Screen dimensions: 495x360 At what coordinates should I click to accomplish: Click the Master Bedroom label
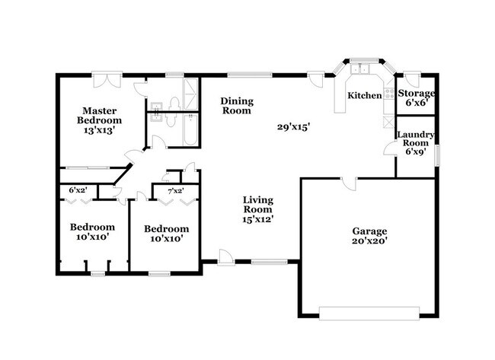(x=99, y=120)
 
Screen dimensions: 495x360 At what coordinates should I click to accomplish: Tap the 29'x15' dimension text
(x=293, y=127)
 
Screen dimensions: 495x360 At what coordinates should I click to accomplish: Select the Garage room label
(x=369, y=236)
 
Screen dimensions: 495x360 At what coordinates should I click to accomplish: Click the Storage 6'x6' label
(x=416, y=98)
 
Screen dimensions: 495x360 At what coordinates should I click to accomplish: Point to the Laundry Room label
(x=416, y=143)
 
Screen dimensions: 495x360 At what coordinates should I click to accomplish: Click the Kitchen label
(x=365, y=95)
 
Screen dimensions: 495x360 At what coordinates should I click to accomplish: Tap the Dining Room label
(x=237, y=106)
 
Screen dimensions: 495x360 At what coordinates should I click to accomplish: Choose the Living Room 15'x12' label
(x=257, y=209)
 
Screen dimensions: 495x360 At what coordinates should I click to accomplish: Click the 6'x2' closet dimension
(x=78, y=190)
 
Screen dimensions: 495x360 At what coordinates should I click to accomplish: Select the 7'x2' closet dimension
(x=176, y=190)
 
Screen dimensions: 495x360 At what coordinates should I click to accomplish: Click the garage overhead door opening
(x=369, y=314)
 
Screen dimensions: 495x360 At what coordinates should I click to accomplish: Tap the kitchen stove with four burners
(x=388, y=94)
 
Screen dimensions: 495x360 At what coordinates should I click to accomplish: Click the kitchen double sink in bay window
(x=360, y=68)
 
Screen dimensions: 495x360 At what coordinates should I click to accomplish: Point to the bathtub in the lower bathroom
(x=190, y=130)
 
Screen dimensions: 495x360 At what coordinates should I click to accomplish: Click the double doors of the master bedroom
(x=107, y=80)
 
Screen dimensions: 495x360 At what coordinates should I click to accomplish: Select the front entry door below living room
(x=225, y=257)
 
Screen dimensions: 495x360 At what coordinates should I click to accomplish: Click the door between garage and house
(x=349, y=183)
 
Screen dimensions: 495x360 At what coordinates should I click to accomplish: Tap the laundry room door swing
(x=390, y=148)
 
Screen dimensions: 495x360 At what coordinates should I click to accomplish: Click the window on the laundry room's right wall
(x=437, y=155)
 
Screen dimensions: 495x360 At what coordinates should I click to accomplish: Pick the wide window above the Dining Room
(x=250, y=75)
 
